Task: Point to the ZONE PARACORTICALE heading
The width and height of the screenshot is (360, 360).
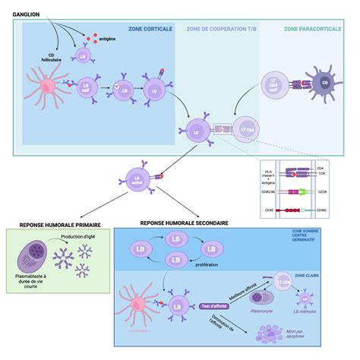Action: point(313,28)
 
